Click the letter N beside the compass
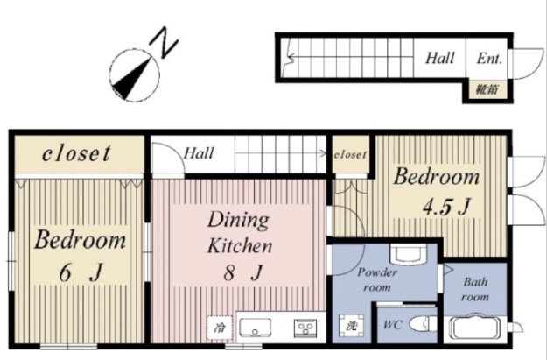(x=164, y=43)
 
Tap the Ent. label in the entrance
(x=489, y=59)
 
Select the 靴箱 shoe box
(x=487, y=89)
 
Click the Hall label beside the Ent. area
(x=440, y=58)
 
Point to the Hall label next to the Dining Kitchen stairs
(x=199, y=153)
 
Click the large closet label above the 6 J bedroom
(x=76, y=153)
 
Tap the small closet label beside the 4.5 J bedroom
(x=350, y=154)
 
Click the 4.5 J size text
(x=446, y=207)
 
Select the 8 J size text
(x=243, y=272)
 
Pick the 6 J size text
(x=81, y=272)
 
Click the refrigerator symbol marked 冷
(x=220, y=328)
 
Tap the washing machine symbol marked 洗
(x=351, y=326)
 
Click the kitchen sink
(x=256, y=328)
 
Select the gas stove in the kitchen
(x=305, y=328)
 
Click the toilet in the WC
(x=423, y=324)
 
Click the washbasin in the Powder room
(x=409, y=254)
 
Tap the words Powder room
(x=377, y=279)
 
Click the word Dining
(x=239, y=221)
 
